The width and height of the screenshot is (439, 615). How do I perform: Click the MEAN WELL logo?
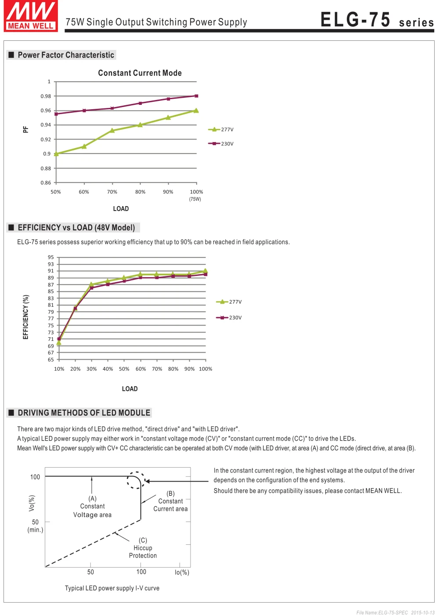pyautogui.click(x=31, y=16)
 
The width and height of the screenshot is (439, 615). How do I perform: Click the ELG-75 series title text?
pyautogui.click(x=377, y=20)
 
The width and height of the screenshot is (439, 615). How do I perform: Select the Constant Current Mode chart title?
pyautogui.click(x=140, y=73)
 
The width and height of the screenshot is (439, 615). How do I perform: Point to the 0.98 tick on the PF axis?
pyautogui.click(x=46, y=96)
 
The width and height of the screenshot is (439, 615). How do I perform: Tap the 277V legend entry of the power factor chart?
pyautogui.click(x=221, y=129)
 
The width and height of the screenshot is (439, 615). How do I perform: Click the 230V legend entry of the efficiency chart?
pyautogui.click(x=229, y=318)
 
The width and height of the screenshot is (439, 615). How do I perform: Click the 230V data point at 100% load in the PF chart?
pyautogui.click(x=196, y=96)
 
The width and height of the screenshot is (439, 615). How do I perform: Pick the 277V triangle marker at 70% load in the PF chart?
pyautogui.click(x=112, y=130)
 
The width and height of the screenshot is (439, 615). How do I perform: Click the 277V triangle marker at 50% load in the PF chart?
pyautogui.click(x=56, y=154)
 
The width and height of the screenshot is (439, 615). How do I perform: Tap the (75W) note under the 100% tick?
pyautogui.click(x=195, y=199)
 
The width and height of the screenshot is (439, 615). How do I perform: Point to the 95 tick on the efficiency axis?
pyautogui.click(x=51, y=257)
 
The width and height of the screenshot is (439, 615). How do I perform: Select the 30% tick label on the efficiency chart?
pyautogui.click(x=91, y=369)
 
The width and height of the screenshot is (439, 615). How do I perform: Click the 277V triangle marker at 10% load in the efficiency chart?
pyautogui.click(x=59, y=342)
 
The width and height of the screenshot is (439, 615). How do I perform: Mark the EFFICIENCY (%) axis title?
pyautogui.click(x=25, y=317)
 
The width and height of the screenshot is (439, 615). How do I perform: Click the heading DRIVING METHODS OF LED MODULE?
pyautogui.click(x=84, y=413)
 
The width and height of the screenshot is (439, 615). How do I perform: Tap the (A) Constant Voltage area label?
pyautogui.click(x=92, y=506)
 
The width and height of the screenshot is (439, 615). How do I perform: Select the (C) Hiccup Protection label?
pyautogui.click(x=143, y=548)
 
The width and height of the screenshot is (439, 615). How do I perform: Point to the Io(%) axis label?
pyautogui.click(x=182, y=572)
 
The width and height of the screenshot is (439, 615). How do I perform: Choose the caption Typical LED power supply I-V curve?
pyautogui.click(x=112, y=588)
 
